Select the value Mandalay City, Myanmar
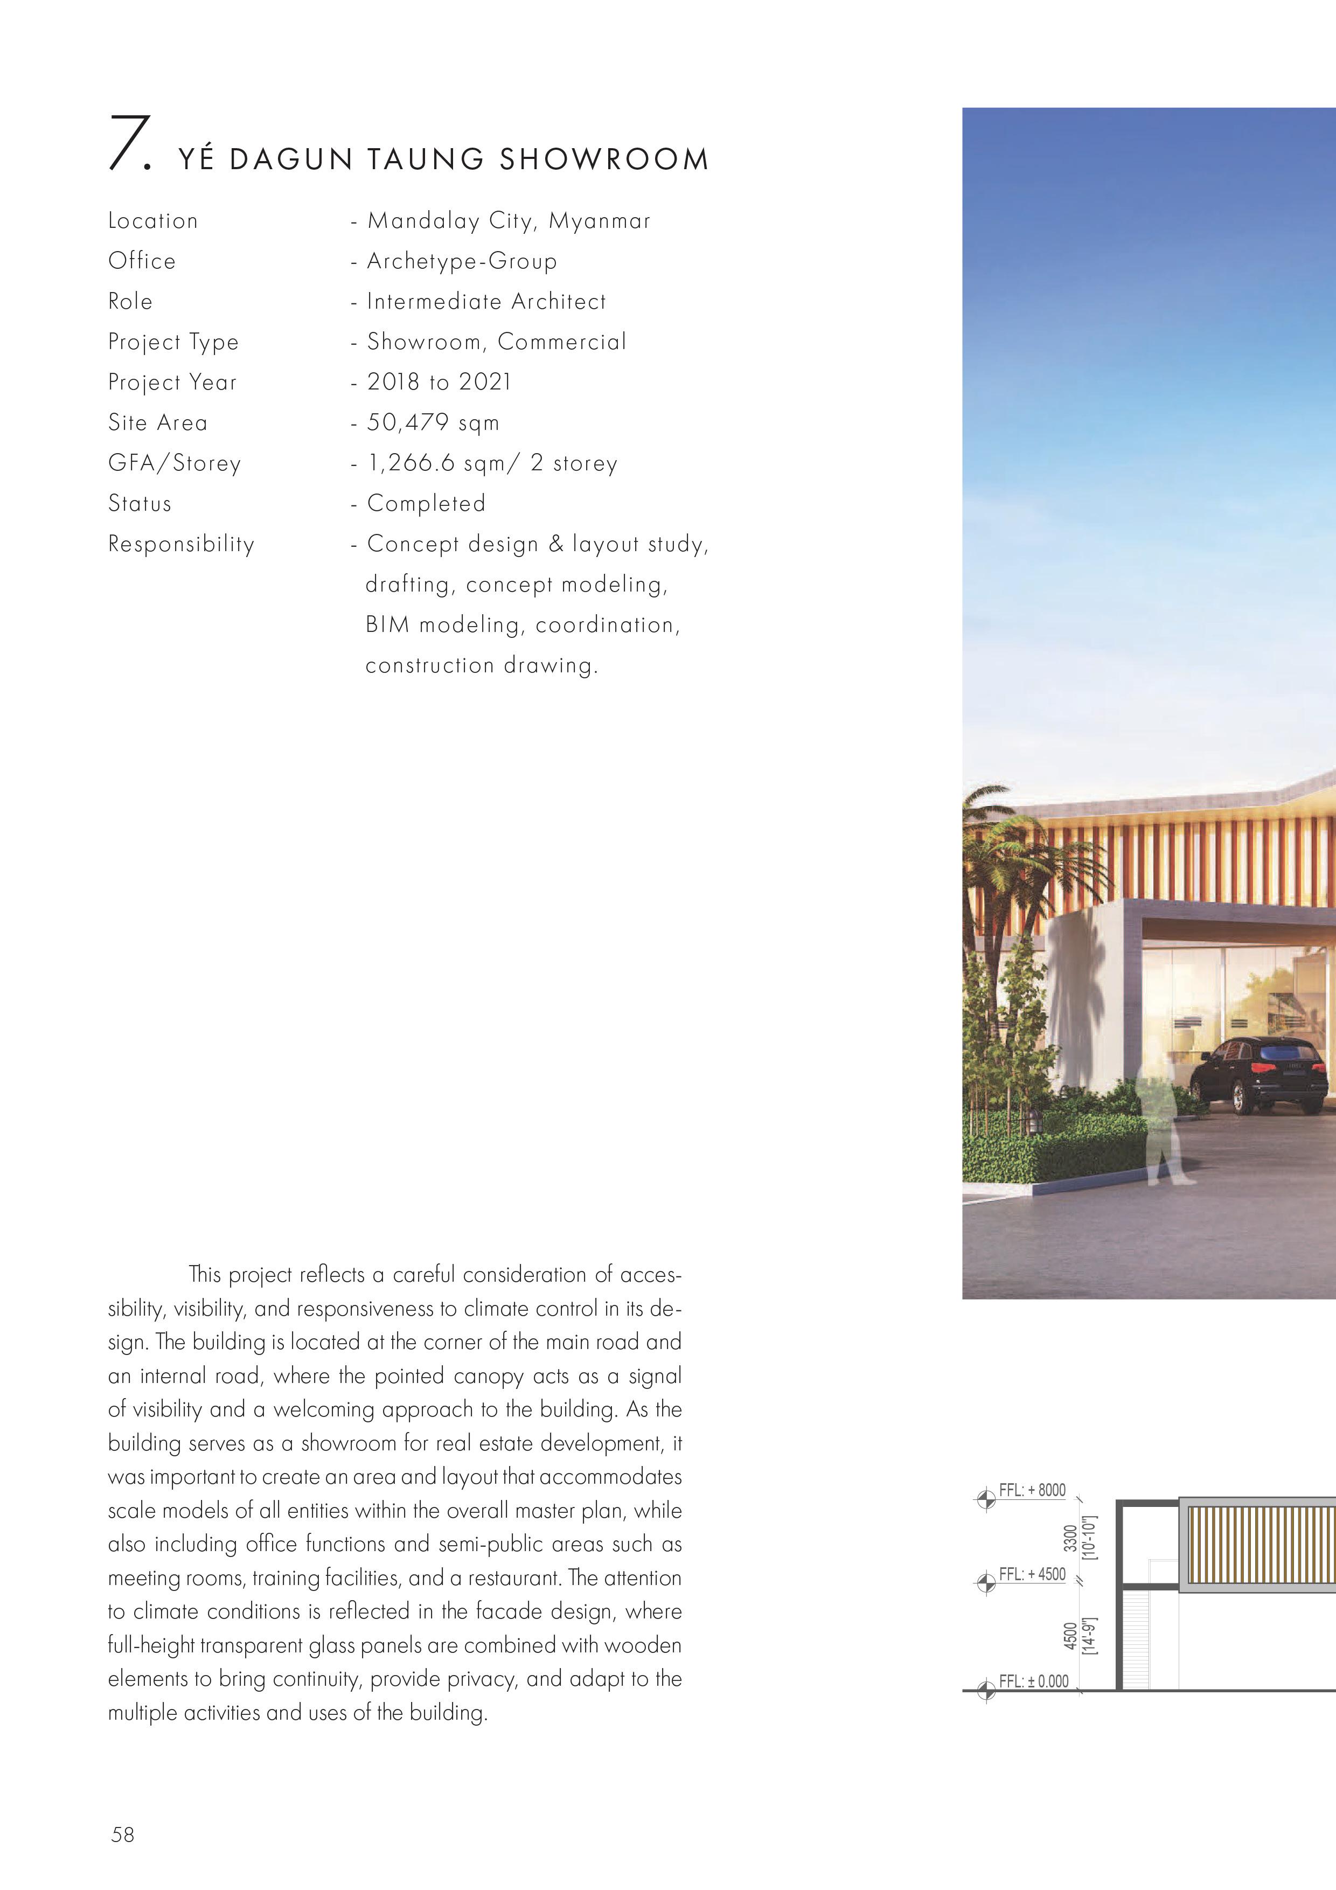click(x=508, y=220)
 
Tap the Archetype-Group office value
click(x=461, y=261)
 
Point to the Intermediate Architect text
click(x=486, y=301)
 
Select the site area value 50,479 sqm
click(x=432, y=422)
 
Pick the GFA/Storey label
click(x=175, y=463)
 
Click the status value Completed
click(x=426, y=503)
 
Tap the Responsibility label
click(x=181, y=543)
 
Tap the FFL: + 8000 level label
click(x=1032, y=1490)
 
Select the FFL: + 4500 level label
click(x=1032, y=1574)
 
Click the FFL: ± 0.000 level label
click(x=1033, y=1681)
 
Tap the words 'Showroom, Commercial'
click(x=496, y=342)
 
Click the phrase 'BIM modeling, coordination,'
click(x=523, y=625)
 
